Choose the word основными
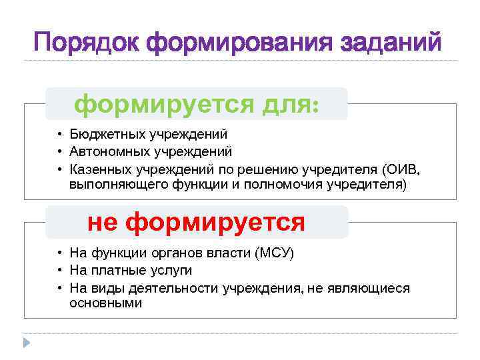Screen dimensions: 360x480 105,303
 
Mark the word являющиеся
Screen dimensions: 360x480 374,287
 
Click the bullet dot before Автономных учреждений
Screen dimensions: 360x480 59,151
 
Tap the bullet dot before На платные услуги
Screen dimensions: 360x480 59,270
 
